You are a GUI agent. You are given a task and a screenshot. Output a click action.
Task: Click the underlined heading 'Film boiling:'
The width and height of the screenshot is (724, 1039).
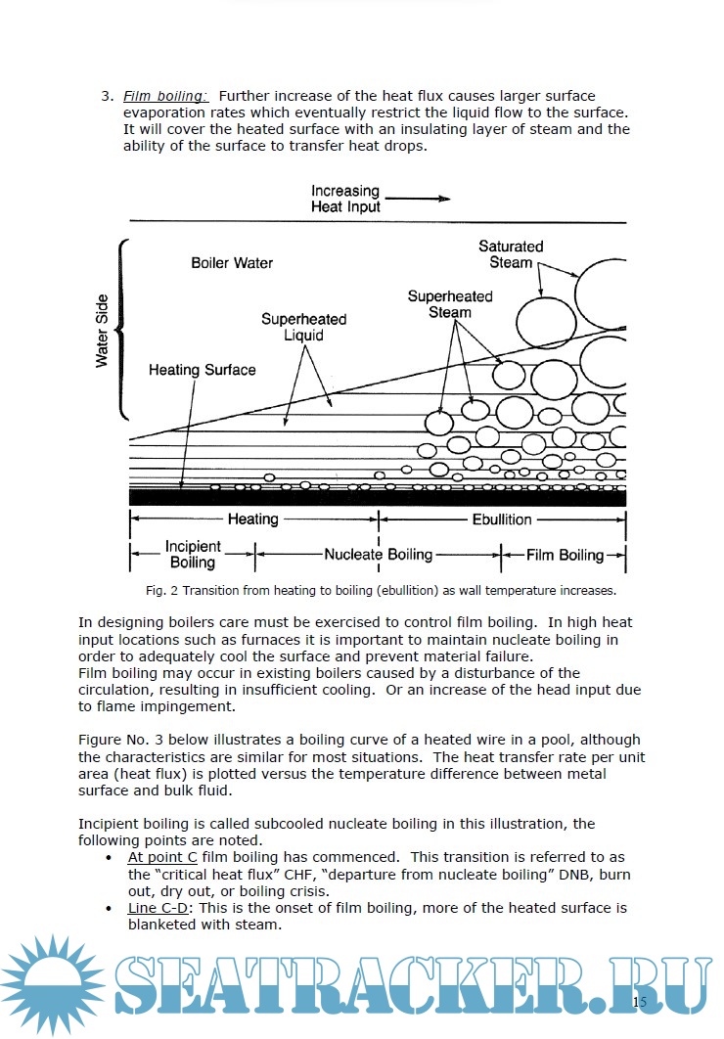pyautogui.click(x=165, y=96)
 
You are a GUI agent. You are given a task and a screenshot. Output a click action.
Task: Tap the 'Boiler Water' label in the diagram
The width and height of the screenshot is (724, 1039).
pyautogui.click(x=232, y=263)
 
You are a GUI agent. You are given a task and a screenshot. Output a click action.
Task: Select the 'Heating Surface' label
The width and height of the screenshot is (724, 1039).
pyautogui.click(x=202, y=370)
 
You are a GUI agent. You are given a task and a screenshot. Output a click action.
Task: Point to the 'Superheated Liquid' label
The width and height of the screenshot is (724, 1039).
pyautogui.click(x=303, y=327)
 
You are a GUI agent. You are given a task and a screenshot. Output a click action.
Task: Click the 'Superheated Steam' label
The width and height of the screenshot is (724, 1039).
pyautogui.click(x=450, y=304)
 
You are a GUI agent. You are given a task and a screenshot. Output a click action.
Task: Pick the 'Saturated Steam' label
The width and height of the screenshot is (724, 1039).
pyautogui.click(x=511, y=254)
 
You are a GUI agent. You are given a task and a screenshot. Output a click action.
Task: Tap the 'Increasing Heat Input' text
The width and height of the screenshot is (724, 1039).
pyautogui.click(x=345, y=199)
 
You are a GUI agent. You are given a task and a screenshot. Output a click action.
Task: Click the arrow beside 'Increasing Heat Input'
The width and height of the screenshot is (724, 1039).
pyautogui.click(x=422, y=199)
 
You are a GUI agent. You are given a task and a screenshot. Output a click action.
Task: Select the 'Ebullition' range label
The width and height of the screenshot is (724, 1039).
pyautogui.click(x=502, y=519)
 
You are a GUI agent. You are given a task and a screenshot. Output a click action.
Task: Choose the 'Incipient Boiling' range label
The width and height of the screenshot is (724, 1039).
pyautogui.click(x=193, y=554)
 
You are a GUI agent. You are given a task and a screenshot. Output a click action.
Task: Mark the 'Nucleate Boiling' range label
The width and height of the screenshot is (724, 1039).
pyautogui.click(x=378, y=555)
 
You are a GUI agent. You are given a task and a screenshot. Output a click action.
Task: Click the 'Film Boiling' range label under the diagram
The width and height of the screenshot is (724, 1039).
pyautogui.click(x=566, y=555)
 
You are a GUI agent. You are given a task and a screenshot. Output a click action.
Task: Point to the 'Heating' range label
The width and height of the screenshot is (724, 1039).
pyautogui.click(x=252, y=519)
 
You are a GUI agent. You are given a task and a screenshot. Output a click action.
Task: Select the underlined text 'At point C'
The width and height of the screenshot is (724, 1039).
pyautogui.click(x=162, y=856)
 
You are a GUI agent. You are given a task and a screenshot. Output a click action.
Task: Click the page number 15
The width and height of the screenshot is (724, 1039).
pyautogui.click(x=640, y=1001)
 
